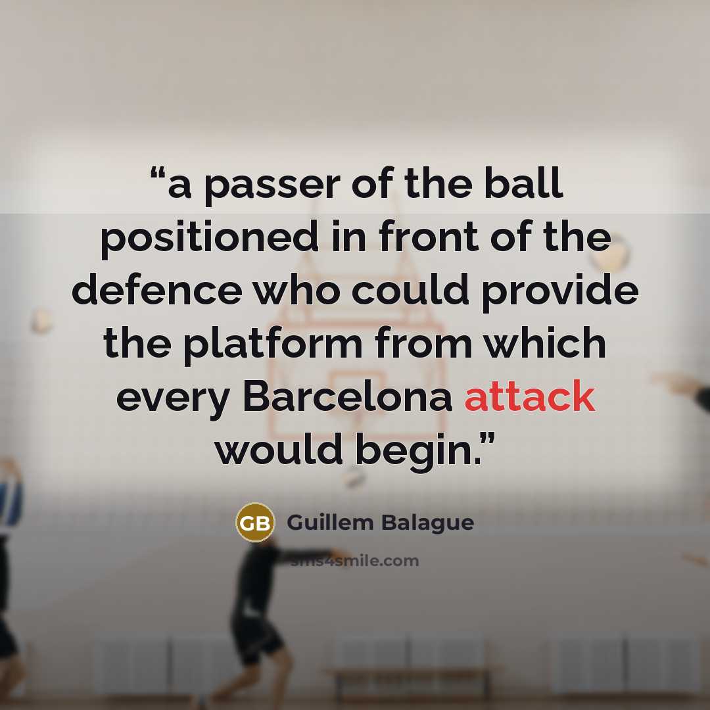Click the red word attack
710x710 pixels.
pyautogui.click(x=529, y=396)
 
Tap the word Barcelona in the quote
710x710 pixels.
pyautogui.click(x=347, y=396)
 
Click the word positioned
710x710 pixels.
pyautogui.click(x=209, y=239)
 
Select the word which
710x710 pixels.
pyautogui.click(x=546, y=342)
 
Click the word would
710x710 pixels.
pyautogui.click(x=278, y=448)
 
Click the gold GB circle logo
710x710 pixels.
pyautogui.click(x=255, y=523)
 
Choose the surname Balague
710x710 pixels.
pyautogui.click(x=427, y=522)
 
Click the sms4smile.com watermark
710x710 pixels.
pyautogui.click(x=355, y=561)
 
